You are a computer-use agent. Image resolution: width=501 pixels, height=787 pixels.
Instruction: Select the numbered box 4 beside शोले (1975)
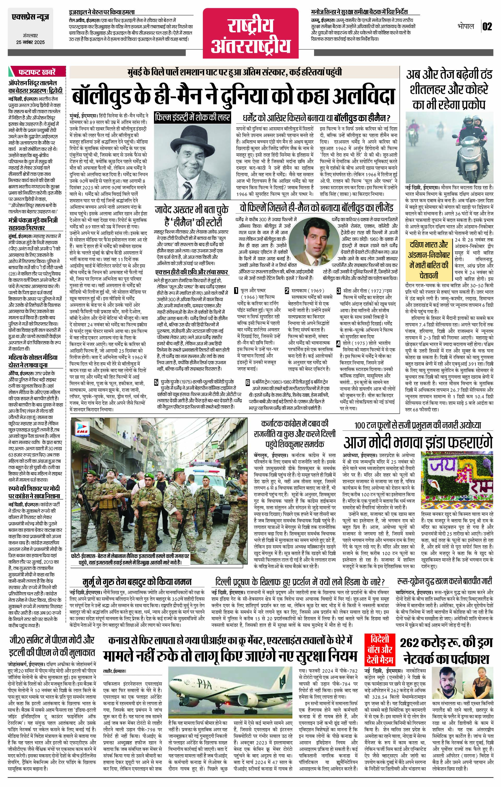pyautogui.click(x=339, y=344)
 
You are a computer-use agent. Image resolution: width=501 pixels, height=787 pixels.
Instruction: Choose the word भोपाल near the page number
pyautogui.click(x=466, y=26)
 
